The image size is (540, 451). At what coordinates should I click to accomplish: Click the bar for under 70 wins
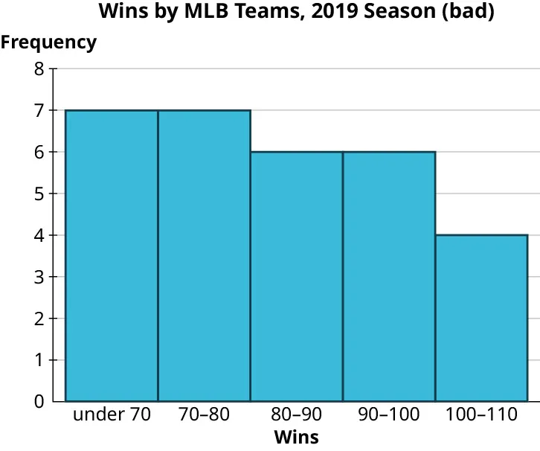[112, 255]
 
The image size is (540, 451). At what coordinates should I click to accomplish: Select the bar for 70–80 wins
[204, 255]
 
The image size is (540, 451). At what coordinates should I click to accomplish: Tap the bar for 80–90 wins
[296, 276]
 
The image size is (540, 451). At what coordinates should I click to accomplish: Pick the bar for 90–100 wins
[388, 276]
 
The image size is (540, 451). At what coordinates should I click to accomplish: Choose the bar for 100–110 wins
[481, 318]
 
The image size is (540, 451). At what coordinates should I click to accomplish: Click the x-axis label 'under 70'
[112, 415]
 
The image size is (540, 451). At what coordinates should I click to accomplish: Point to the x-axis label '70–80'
[204, 415]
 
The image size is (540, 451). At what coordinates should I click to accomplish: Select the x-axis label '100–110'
[481, 415]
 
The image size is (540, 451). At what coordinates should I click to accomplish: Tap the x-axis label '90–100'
[388, 415]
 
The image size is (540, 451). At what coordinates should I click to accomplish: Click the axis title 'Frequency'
[48, 42]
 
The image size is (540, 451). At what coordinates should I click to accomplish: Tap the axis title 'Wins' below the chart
[296, 437]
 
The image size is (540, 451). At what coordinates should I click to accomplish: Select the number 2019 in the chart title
[338, 13]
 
